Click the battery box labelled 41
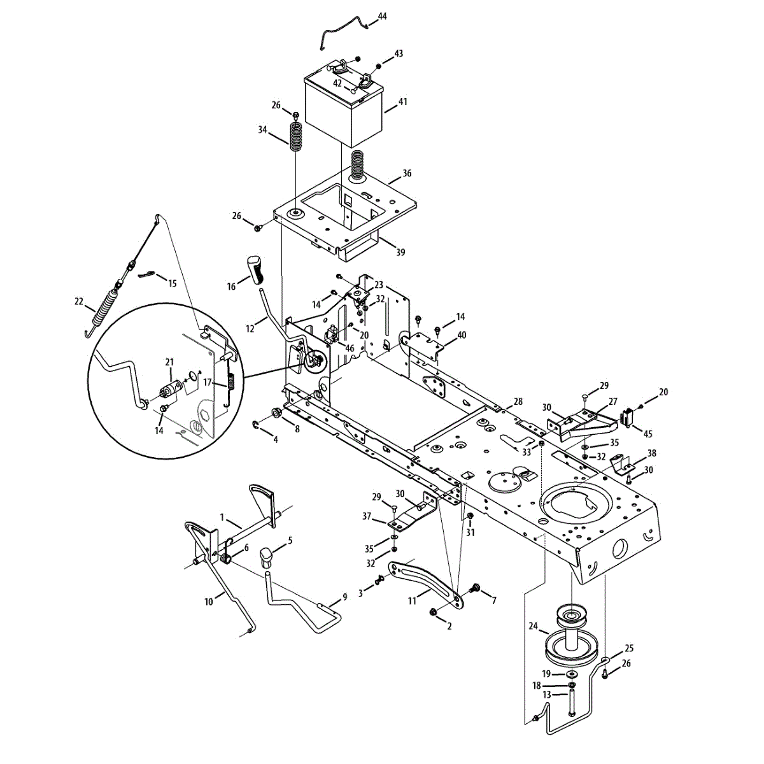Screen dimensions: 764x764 344,111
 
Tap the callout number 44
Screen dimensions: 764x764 382,16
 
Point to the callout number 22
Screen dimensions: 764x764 78,301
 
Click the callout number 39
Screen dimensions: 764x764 400,253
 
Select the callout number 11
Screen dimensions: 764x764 412,600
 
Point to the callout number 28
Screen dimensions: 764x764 518,402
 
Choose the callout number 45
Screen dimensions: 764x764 647,434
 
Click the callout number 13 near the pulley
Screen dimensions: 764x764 547,695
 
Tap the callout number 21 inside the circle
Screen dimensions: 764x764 169,362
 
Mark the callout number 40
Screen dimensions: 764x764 462,335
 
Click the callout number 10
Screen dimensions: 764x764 208,602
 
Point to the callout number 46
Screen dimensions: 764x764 349,348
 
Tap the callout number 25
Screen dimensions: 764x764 629,648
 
